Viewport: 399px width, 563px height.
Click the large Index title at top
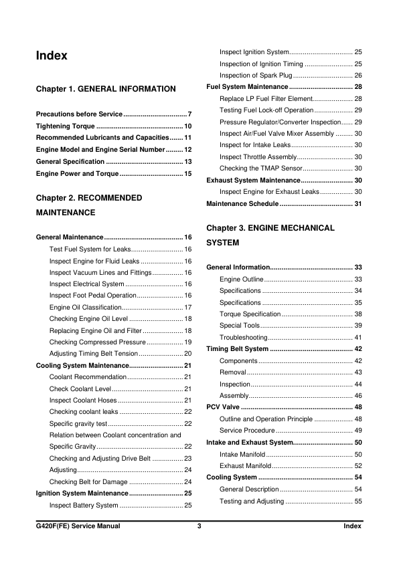[x=52, y=56]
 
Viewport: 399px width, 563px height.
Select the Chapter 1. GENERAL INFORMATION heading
[x=106, y=89]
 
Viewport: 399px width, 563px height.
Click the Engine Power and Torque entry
[x=76, y=174]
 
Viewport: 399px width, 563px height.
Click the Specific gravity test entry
[x=78, y=424]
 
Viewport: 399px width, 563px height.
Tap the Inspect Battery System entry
[x=84, y=505]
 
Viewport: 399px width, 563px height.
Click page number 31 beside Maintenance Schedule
[x=357, y=204]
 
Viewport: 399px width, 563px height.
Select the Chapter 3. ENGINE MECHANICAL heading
[x=270, y=228]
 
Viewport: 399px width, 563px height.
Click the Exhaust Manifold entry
[x=245, y=466]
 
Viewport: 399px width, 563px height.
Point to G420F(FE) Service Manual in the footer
[x=78, y=526]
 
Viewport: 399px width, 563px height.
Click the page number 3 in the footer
[x=199, y=526]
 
